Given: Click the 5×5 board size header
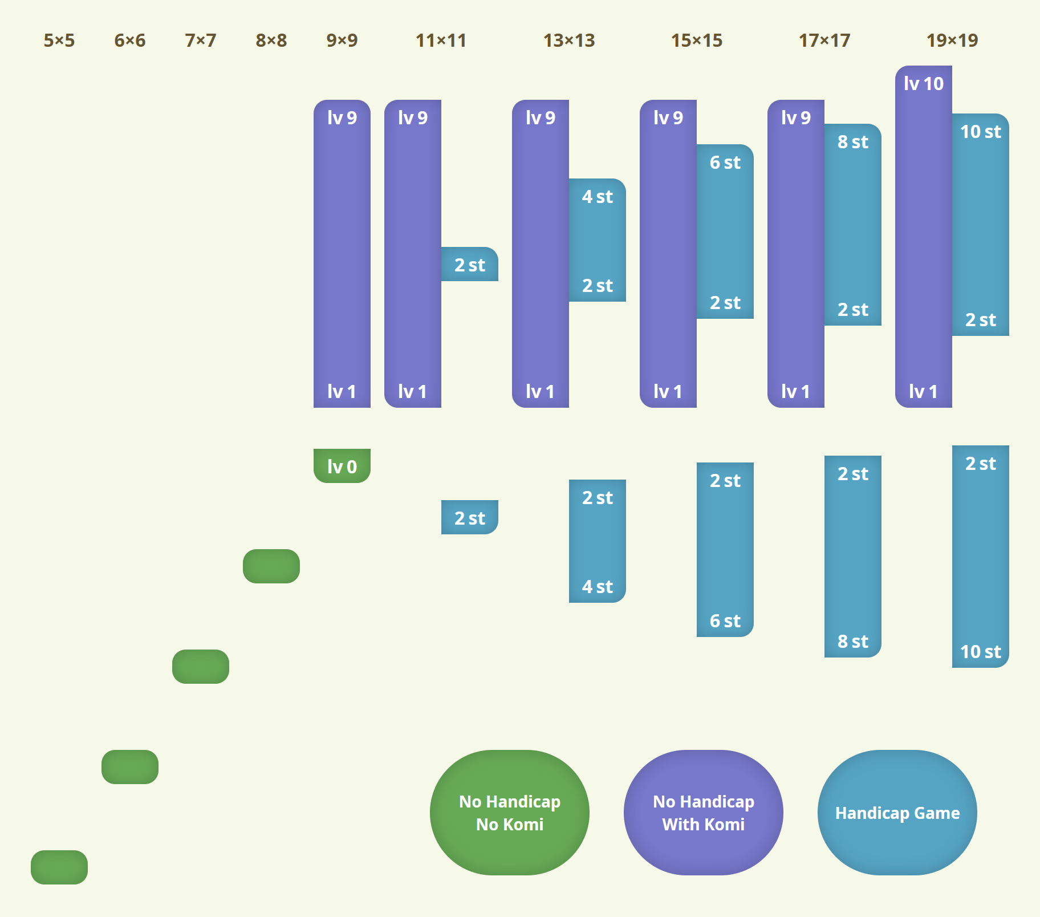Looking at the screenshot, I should [59, 40].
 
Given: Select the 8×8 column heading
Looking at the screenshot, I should [271, 40].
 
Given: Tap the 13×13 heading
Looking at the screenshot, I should [569, 40].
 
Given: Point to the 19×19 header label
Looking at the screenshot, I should [952, 40].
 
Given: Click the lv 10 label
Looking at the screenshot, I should [924, 84].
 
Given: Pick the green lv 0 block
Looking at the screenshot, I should [342, 466].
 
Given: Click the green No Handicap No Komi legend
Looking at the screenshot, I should [510, 813].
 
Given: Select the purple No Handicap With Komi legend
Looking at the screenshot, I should [704, 813].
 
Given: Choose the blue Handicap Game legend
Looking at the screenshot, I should [897, 813].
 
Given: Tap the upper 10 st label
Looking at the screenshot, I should [981, 132].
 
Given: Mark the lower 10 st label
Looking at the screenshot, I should [981, 652].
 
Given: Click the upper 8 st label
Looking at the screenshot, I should [853, 142].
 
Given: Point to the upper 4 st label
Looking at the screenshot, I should [598, 197].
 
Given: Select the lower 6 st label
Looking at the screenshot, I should [725, 621].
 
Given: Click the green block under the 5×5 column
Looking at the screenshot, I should [59, 867].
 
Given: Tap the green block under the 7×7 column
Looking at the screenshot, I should [201, 667].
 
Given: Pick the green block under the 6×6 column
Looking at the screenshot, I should [130, 767].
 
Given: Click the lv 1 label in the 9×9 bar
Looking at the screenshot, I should [342, 392].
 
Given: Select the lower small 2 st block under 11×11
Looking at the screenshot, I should [470, 518].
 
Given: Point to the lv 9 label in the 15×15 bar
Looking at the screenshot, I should [668, 118].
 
